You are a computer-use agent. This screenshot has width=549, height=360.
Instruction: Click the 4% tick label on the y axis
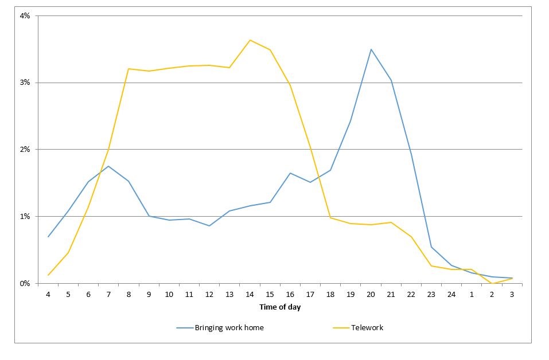pos(25,16)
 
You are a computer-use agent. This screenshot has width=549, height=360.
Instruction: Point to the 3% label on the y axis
pos(25,83)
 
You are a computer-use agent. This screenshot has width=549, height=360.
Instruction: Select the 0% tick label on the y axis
pos(25,284)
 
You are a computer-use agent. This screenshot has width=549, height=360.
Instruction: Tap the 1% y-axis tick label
pos(25,217)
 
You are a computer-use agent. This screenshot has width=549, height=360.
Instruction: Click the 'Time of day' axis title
pos(280,307)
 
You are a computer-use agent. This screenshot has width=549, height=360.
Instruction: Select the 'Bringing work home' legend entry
pos(220,328)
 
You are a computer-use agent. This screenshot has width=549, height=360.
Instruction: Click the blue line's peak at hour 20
pos(371,49)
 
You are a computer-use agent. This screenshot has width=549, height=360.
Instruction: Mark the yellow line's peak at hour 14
pos(250,40)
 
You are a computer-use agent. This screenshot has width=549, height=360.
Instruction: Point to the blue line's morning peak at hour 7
pos(108,166)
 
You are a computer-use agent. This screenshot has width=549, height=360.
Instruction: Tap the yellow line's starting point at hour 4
pos(48,275)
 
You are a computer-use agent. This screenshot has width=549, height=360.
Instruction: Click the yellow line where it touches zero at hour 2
pos(492,283)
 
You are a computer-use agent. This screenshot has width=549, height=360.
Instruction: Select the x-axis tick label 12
pos(209,295)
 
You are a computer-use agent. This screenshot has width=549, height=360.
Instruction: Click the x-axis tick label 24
pos(451,295)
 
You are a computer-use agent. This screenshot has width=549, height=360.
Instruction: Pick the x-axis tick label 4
pos(48,295)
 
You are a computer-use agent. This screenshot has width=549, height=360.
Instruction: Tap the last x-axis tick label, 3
pos(512,295)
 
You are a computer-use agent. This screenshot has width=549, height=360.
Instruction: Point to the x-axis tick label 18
pos(330,295)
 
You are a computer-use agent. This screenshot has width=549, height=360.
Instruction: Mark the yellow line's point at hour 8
pos(129,69)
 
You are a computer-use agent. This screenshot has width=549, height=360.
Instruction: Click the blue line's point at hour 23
pos(431,247)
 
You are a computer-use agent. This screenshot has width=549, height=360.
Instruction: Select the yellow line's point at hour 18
pos(330,218)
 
